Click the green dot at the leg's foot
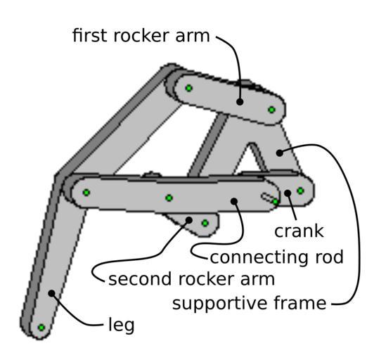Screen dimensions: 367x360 41,328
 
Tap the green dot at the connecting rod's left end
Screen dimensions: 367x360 86,193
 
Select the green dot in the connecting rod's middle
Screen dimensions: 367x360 169,198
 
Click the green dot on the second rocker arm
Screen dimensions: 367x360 205,223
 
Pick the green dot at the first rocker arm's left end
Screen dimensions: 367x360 189,88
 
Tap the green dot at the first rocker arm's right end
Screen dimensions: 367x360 271,110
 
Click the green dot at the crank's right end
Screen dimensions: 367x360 300,191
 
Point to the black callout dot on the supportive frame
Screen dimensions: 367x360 280,153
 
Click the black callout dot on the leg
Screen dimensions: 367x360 51,293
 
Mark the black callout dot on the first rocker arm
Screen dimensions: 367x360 240,102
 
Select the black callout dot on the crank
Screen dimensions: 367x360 288,193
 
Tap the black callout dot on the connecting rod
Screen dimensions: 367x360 234,201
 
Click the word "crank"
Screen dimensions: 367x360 299,231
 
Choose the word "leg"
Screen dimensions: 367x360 122,326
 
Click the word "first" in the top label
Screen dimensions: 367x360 91,35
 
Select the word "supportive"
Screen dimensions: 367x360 220,303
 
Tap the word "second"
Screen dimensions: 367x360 140,278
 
